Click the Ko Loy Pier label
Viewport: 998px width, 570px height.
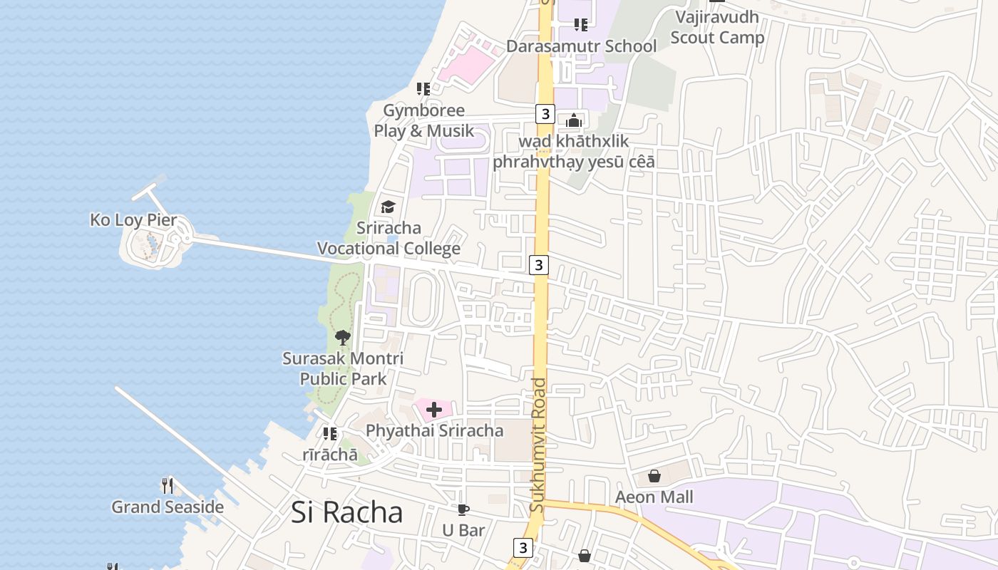tap(133, 220)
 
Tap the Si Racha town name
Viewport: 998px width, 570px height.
tap(346, 512)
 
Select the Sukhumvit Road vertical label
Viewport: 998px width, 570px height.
tap(538, 445)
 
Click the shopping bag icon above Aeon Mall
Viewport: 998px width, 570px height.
tap(654, 476)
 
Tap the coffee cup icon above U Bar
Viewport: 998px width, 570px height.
tap(463, 509)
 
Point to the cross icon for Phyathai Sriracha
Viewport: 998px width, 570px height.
tap(433, 410)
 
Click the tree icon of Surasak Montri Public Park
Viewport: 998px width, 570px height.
tap(343, 338)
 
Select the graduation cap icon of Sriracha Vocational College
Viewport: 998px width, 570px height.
tap(388, 207)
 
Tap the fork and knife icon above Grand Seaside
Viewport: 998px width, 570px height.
tap(168, 486)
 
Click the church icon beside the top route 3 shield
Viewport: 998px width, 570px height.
tap(574, 120)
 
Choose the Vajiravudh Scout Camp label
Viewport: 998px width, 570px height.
tap(717, 27)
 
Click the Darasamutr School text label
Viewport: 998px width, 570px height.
tap(581, 46)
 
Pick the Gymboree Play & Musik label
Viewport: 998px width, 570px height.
tap(423, 120)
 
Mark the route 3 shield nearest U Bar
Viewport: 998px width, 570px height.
tap(523, 548)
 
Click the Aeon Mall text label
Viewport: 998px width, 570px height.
tap(654, 497)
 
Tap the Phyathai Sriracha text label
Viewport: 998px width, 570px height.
tap(434, 430)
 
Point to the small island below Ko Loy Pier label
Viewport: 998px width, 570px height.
tap(153, 246)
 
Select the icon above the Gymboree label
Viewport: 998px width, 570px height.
tap(423, 89)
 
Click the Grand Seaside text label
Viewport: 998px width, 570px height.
tap(168, 507)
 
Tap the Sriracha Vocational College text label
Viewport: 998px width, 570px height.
tap(389, 238)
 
